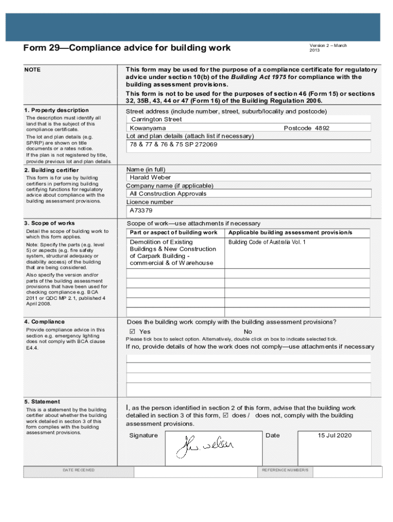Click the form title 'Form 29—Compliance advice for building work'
tap(127, 48)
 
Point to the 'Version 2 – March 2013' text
tap(328, 48)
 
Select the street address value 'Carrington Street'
tap(156, 119)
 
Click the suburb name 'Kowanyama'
tap(148, 128)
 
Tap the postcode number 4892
tap(322, 128)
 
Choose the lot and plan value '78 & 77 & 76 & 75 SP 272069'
tap(174, 145)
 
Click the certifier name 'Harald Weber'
tap(150, 177)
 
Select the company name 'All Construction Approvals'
tap(168, 194)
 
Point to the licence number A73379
tap(141, 210)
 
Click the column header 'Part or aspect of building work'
tap(174, 232)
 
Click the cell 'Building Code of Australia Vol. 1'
tap(267, 242)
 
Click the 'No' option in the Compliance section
tap(248, 332)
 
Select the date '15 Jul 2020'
tap(335, 435)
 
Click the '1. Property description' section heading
tap(56, 110)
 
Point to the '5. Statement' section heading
tap(42, 402)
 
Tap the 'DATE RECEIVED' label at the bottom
tap(79, 469)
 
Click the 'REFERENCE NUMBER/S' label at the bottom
tap(285, 469)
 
